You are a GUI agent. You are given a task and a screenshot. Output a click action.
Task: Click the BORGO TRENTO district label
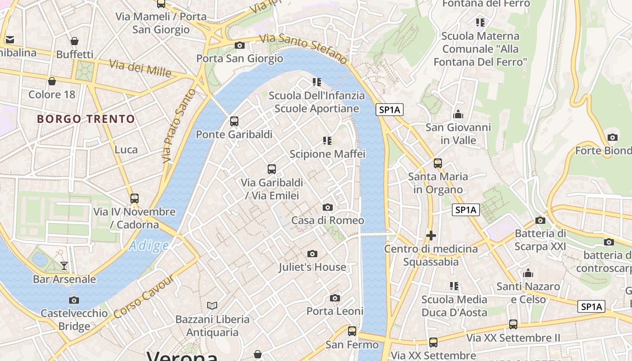coord(86,119)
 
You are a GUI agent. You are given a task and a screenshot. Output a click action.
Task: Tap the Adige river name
coord(149,246)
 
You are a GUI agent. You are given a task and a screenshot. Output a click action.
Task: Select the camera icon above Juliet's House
coord(312,254)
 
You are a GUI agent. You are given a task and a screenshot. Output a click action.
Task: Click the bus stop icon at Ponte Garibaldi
coord(234,121)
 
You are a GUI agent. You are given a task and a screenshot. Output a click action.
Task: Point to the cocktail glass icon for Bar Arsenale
coord(64,265)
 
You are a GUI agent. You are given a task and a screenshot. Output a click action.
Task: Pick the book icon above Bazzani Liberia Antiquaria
coord(212,305)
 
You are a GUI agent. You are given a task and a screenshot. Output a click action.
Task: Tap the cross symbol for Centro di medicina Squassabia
coord(431,235)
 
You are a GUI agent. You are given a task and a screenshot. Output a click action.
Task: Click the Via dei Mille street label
coord(140,68)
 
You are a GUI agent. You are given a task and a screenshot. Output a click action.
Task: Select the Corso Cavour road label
coord(144,296)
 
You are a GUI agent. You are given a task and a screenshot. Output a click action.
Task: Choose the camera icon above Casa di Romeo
coord(328,208)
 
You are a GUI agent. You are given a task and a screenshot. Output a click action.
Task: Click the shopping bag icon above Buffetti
coord(74,41)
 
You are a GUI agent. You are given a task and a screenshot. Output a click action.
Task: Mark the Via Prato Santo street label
coord(179,125)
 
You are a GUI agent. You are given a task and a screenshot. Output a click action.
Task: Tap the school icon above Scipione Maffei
coord(327,141)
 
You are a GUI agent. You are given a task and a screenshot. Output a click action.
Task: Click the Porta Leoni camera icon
coord(335,298)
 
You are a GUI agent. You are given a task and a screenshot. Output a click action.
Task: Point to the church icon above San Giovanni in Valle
coord(458,114)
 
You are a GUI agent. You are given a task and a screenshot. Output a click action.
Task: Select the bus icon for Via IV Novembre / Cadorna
coord(134,198)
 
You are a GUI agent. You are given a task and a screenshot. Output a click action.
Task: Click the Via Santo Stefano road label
coord(303,48)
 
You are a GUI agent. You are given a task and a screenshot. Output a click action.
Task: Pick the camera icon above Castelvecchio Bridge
coord(74,300)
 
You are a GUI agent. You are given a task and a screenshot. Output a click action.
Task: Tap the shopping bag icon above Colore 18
coord(52,81)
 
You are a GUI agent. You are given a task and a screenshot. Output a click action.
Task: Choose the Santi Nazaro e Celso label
coord(528,293)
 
